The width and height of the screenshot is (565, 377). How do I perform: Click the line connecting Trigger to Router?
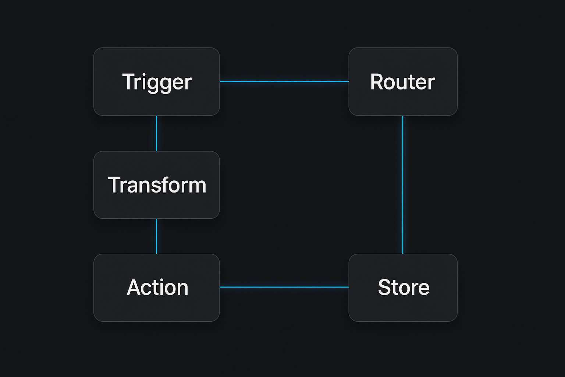click(x=284, y=81)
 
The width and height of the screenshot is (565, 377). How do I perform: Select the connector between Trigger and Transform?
click(x=156, y=133)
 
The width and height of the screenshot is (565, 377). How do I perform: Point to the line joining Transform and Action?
click(x=156, y=236)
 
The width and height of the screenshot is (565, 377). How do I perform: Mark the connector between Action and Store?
click(x=284, y=287)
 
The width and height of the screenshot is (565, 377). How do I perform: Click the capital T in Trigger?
click(x=129, y=81)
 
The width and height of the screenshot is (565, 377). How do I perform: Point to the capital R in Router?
click(x=377, y=82)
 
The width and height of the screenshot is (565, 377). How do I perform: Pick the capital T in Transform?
click(x=114, y=185)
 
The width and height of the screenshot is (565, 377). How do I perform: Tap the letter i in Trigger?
click(x=144, y=81)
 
